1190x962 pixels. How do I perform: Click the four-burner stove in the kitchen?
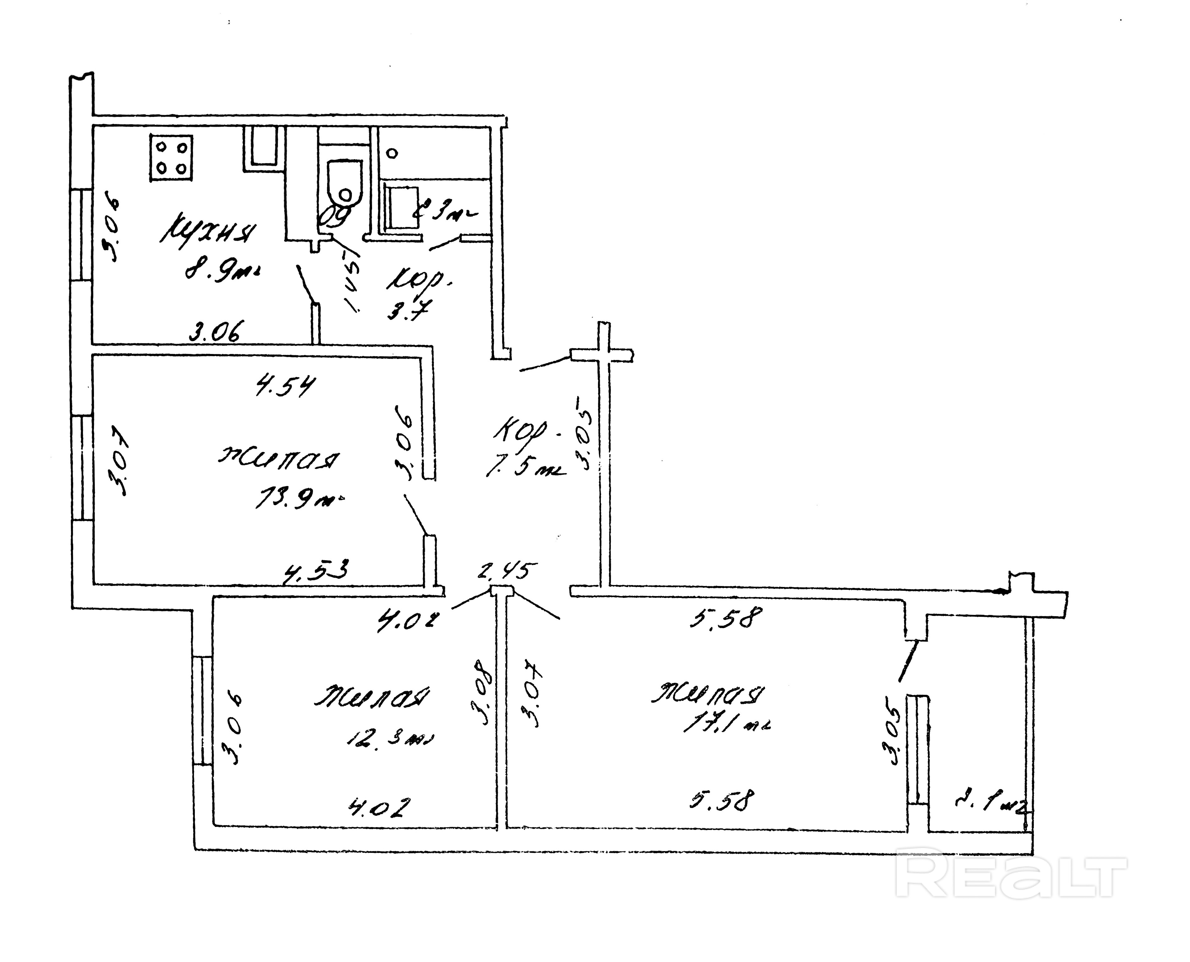coord(172,158)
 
